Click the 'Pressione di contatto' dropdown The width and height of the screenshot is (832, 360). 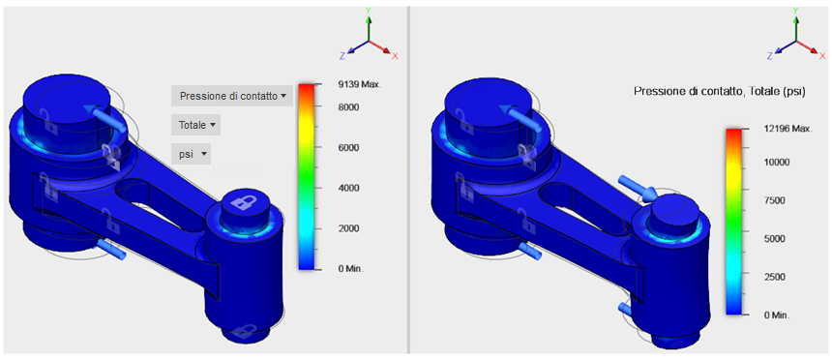click(x=232, y=96)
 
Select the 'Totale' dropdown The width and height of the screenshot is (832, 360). click(x=195, y=125)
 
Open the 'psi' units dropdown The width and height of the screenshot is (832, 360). click(x=191, y=154)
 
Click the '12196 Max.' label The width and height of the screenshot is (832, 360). click(x=787, y=130)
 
